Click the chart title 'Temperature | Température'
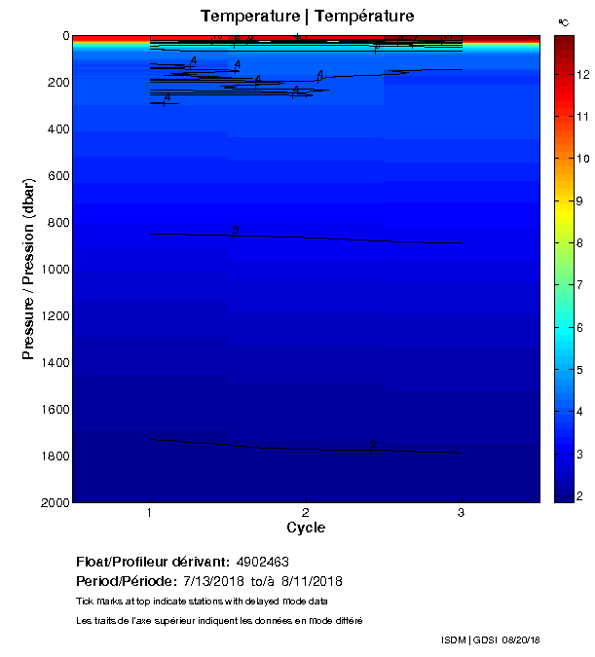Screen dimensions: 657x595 point(307,16)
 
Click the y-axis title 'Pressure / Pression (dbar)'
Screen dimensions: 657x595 point(29,270)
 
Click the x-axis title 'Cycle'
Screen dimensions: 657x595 point(306,529)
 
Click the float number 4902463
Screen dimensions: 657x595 point(262,563)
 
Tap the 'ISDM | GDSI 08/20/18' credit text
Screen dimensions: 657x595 point(490,639)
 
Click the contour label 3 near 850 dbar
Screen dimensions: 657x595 point(236,231)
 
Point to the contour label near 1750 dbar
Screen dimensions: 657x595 point(372,445)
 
